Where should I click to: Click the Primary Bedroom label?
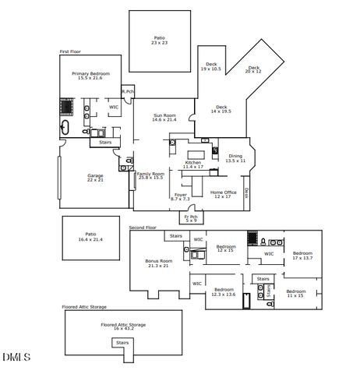pyautogui.click(x=90, y=76)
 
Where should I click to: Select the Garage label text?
pyautogui.click(x=95, y=177)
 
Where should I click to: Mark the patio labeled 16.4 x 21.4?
pyautogui.click(x=91, y=236)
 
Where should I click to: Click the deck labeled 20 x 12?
pyautogui.click(x=254, y=69)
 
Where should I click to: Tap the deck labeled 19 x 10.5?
pyautogui.click(x=211, y=66)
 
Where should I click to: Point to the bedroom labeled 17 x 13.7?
pyautogui.click(x=302, y=255)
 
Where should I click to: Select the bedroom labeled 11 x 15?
pyautogui.click(x=296, y=293)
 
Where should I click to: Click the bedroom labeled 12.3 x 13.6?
pyautogui.click(x=224, y=292)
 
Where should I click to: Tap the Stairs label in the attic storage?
pyautogui.click(x=122, y=342)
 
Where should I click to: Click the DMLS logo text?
pyautogui.click(x=16, y=358)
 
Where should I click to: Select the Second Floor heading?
pyautogui.click(x=143, y=228)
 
